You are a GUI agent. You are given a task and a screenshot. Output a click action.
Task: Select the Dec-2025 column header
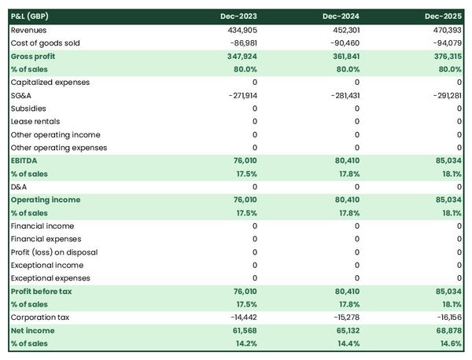tap(443, 17)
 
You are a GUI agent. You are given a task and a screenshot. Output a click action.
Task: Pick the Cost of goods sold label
tap(46, 42)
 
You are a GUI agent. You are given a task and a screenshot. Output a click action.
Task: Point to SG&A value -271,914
tap(239, 95)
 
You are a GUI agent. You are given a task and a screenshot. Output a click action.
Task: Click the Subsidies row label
tap(28, 108)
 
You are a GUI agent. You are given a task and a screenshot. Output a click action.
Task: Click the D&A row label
tap(19, 187)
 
